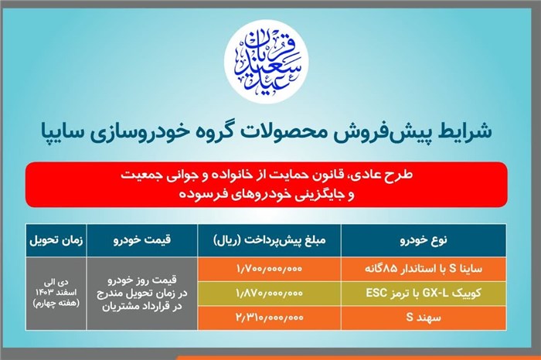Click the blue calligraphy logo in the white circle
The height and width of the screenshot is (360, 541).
point(267,61)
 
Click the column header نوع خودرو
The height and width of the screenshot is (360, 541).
point(424,240)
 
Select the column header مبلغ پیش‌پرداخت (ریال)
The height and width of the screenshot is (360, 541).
point(270,240)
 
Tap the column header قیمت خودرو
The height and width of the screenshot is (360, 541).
point(142,240)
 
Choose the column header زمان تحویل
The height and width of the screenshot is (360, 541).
point(56,240)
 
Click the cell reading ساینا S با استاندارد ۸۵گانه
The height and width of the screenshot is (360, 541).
point(424,269)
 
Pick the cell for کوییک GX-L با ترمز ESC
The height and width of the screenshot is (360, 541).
point(424,293)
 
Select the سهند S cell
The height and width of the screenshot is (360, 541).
point(424,318)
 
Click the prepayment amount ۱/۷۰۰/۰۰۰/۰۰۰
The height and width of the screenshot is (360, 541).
point(269,269)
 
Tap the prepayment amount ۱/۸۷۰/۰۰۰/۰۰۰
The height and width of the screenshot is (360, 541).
point(269,293)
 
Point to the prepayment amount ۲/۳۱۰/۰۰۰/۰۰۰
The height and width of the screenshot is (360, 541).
point(269,318)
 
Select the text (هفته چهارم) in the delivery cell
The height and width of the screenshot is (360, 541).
point(56,303)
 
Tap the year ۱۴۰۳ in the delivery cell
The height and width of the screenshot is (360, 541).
point(43,293)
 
